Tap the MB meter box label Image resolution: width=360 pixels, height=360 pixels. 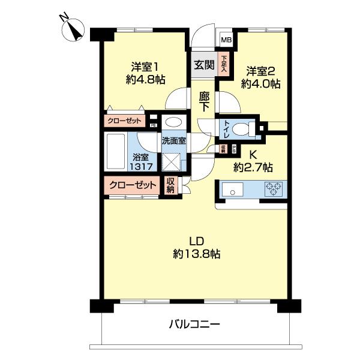[x=226, y=40]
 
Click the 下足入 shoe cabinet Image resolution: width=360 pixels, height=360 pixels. [x=224, y=64]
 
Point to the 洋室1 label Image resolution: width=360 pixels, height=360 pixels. [x=144, y=67]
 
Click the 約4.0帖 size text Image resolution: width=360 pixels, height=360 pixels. [x=260, y=85]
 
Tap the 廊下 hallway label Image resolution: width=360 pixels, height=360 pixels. [x=205, y=100]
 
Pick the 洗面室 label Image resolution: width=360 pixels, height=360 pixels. [x=173, y=140]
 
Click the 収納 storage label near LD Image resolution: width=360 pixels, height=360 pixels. [x=171, y=185]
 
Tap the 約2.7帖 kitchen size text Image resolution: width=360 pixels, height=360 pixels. [x=254, y=167]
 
